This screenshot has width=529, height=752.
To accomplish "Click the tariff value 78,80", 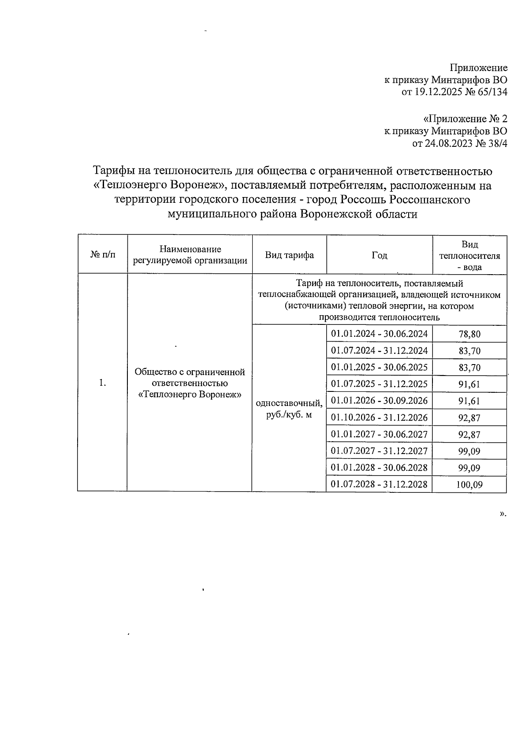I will click(x=469, y=334).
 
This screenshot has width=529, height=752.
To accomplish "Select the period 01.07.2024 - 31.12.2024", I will click(x=379, y=351).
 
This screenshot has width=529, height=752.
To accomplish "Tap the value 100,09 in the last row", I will click(x=469, y=485).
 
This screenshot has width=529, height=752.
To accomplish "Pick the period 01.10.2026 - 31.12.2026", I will click(x=379, y=417).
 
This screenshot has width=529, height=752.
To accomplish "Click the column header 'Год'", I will click(x=379, y=255).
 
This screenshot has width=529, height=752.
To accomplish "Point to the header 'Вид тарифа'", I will click(x=289, y=255).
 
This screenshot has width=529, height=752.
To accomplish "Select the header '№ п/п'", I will click(x=103, y=255).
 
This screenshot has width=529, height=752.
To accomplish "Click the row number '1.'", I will click(x=103, y=383).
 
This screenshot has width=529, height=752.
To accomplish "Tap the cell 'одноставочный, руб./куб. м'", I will click(x=289, y=409).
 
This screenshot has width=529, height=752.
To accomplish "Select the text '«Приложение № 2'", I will click(x=465, y=119).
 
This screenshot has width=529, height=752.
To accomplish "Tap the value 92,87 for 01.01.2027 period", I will click(x=469, y=435).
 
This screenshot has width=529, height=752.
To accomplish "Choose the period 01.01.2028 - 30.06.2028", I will click(x=379, y=467).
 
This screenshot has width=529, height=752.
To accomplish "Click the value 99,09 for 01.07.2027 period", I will click(x=469, y=451).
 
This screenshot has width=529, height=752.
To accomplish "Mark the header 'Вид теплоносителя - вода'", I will click(x=469, y=256).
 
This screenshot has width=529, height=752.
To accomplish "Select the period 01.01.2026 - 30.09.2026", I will click(x=379, y=401).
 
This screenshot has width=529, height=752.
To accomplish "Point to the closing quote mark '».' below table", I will click(x=503, y=514).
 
